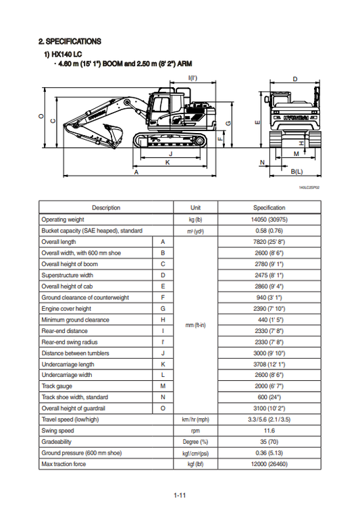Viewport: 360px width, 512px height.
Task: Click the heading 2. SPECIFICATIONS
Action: click(x=70, y=42)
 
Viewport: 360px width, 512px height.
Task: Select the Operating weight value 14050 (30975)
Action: click(x=269, y=220)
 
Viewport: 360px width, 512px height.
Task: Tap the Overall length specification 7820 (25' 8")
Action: click(x=269, y=242)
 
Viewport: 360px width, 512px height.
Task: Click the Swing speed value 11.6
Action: click(x=269, y=430)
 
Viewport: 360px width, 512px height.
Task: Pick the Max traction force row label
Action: click(x=65, y=463)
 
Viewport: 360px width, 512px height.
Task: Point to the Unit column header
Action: click(x=196, y=208)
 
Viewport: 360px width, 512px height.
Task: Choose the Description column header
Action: click(x=106, y=208)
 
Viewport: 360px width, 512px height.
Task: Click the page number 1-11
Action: click(x=180, y=496)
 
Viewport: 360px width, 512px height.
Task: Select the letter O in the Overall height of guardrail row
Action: click(x=162, y=408)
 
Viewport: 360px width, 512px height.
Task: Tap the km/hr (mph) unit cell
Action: click(x=196, y=419)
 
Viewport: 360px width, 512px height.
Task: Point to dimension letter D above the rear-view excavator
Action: click(x=295, y=79)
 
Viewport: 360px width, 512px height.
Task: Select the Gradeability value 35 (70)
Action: click(x=269, y=441)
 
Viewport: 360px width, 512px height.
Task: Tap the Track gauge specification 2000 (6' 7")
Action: click(x=269, y=386)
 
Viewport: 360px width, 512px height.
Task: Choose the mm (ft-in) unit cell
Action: click(x=196, y=325)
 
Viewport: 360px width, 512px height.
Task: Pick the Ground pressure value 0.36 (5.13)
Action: click(x=269, y=453)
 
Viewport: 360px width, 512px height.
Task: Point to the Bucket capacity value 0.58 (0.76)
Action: click(x=269, y=230)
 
